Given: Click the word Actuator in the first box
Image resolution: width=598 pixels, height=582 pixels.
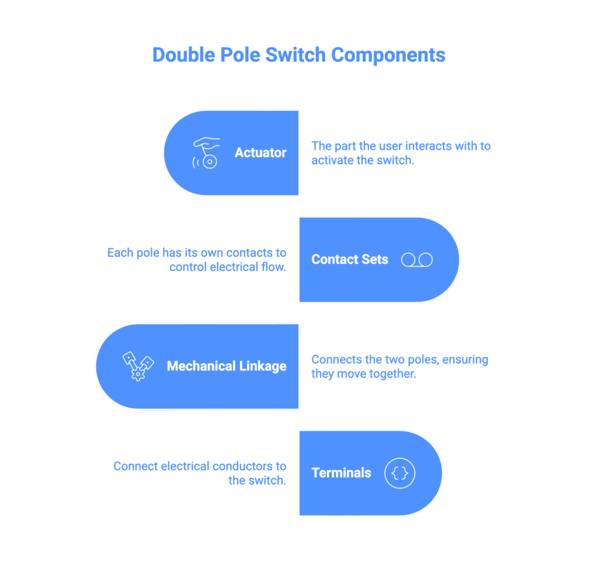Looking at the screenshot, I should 260,153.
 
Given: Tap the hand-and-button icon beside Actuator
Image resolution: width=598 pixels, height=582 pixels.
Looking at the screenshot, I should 206,153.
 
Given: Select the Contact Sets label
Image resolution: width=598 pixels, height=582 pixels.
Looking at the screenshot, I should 349,260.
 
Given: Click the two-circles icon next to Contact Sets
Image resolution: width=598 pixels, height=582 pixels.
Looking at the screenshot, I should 417,260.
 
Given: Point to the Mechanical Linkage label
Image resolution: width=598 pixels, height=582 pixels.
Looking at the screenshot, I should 227,366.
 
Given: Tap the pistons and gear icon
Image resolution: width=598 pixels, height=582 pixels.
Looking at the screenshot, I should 138,366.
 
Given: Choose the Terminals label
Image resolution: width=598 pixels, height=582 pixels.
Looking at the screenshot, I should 341,473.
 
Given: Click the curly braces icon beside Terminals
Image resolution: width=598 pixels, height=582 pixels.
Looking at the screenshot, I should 399,473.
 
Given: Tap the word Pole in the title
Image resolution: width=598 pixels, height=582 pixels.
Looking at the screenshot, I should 239,55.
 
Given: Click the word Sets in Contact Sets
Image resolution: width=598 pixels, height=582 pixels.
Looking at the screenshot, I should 374,260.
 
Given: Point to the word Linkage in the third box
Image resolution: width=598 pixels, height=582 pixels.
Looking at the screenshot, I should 261,366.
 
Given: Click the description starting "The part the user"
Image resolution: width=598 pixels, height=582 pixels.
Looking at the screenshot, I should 401,153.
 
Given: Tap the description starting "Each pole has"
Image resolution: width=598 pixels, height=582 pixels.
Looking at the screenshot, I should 197,260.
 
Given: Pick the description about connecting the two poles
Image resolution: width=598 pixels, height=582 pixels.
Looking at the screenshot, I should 399,367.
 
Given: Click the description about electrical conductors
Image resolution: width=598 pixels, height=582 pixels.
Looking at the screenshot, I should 200,473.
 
